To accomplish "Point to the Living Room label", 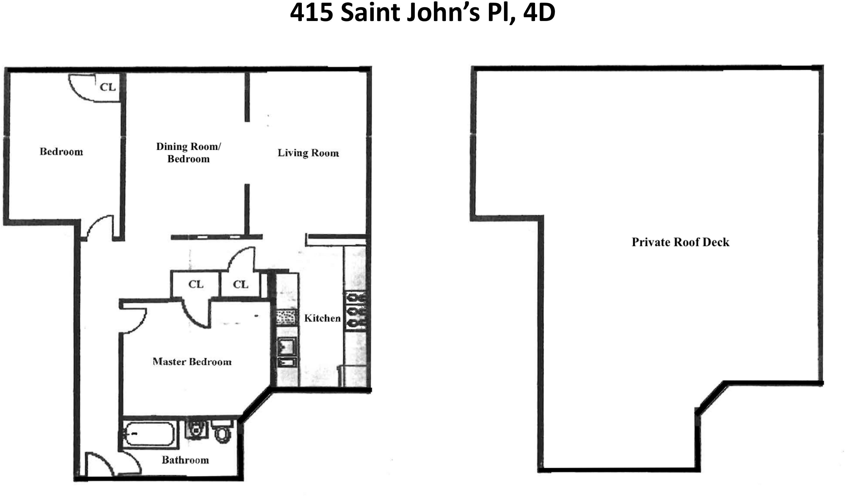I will pyautogui.click(x=308, y=153).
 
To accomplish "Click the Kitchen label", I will pyautogui.click(x=322, y=318).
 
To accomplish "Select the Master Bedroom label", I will pyautogui.click(x=192, y=362).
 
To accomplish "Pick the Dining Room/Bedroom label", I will pyautogui.click(x=189, y=153).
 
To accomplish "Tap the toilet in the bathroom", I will pyautogui.click(x=222, y=432).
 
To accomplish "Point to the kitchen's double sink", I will pyautogui.click(x=287, y=352).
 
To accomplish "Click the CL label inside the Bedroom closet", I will pyautogui.click(x=108, y=87).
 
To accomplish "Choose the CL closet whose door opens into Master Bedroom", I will pyautogui.click(x=196, y=284).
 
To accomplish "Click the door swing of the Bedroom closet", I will pyautogui.click(x=80, y=89).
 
